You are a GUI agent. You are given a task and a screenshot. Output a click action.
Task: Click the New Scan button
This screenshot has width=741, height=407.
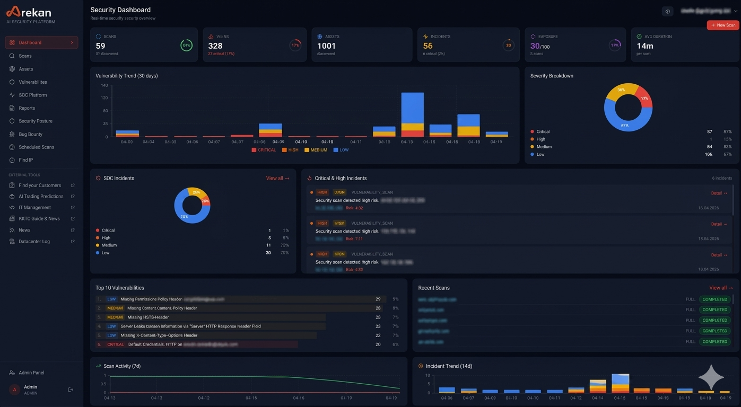[x=723, y=25]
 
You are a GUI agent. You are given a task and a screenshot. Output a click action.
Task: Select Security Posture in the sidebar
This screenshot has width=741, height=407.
[x=35, y=121]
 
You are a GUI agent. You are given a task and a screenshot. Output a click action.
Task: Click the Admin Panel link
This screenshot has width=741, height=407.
[x=31, y=373]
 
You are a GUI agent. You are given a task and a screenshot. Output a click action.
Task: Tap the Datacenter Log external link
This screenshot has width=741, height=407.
[x=34, y=241]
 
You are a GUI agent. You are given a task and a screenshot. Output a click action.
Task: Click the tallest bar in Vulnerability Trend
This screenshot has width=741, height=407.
[x=412, y=114]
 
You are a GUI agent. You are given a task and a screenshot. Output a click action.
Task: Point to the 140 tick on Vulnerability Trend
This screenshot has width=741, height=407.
[x=104, y=85]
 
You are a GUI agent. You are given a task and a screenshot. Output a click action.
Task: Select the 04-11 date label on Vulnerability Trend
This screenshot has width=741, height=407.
[x=355, y=142]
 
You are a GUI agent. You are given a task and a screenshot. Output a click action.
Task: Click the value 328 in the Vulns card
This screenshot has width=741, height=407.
[x=215, y=46]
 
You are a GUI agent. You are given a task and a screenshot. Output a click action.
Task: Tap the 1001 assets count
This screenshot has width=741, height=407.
[x=326, y=46]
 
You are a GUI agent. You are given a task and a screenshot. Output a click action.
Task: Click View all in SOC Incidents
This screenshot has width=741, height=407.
[x=277, y=178]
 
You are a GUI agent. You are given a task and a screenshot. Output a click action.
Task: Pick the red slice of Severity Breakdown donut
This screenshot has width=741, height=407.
[x=643, y=97]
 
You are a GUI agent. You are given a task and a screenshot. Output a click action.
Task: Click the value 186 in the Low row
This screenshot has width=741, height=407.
[x=708, y=154]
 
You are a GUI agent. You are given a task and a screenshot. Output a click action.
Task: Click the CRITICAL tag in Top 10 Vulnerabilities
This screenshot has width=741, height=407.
[x=115, y=344]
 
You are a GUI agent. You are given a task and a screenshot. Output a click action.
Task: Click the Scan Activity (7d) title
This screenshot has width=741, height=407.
[x=122, y=366]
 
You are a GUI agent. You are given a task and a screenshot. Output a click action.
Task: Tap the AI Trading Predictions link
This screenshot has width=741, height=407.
[x=41, y=196]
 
